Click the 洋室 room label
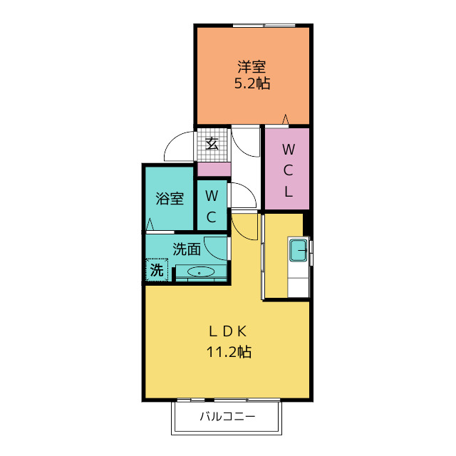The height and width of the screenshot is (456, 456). coord(252,67)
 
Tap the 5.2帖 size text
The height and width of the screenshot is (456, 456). coord(252,83)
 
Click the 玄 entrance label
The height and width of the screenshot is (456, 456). coord(212,142)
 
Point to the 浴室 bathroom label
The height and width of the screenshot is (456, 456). coord(170,198)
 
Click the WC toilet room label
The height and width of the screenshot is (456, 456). coord(212,204)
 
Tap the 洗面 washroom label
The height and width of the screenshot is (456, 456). coord(187,249)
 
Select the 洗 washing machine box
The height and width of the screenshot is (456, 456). coord(156,271)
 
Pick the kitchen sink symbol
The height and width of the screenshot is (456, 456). coord(298,251)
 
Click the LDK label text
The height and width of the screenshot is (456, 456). coord(228,331)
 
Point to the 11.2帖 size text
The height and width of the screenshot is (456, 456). coord(228,351)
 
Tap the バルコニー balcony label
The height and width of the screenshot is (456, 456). coord(227,416)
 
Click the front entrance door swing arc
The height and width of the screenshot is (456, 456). coord(178,146)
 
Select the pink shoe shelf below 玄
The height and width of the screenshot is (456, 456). coord(213,170)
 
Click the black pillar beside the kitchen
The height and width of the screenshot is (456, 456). coord(307,222)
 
